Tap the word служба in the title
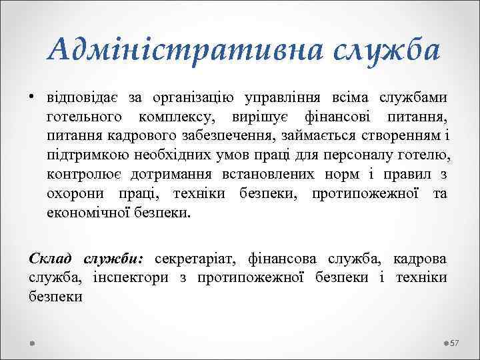coord(376,51)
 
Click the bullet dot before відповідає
coord(32,98)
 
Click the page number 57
coord(455,343)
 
